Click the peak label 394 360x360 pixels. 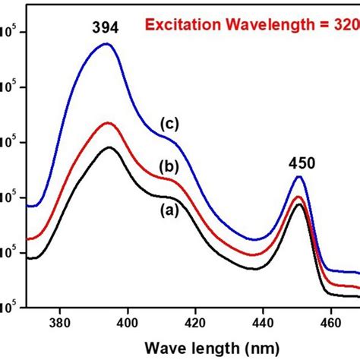(x=106, y=29)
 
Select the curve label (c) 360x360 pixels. (x=169, y=122)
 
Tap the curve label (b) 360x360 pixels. (x=168, y=167)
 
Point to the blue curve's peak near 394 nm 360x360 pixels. (x=106, y=44)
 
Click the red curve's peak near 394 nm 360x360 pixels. (x=108, y=123)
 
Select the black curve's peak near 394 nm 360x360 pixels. (x=109, y=147)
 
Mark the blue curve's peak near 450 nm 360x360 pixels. (x=299, y=177)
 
